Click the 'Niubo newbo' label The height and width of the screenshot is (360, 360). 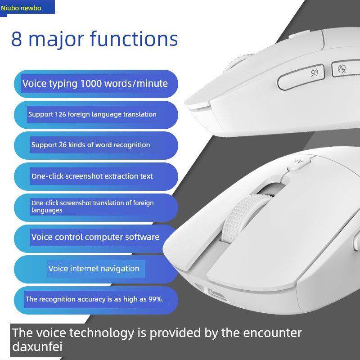click(x=21, y=8)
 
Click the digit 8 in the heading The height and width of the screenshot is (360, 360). click(x=17, y=39)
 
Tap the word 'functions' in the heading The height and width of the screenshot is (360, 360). click(x=134, y=39)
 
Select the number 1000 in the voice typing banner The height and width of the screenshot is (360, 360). click(x=91, y=83)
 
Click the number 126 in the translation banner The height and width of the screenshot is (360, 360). click(x=60, y=114)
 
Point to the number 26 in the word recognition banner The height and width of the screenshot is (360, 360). click(x=63, y=144)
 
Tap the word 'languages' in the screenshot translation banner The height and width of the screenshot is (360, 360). click(x=47, y=210)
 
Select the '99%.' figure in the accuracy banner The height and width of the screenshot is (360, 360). click(x=156, y=299)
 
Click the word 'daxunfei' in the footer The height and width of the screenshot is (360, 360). click(x=37, y=346)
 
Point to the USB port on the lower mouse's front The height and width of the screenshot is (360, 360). click(x=217, y=293)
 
